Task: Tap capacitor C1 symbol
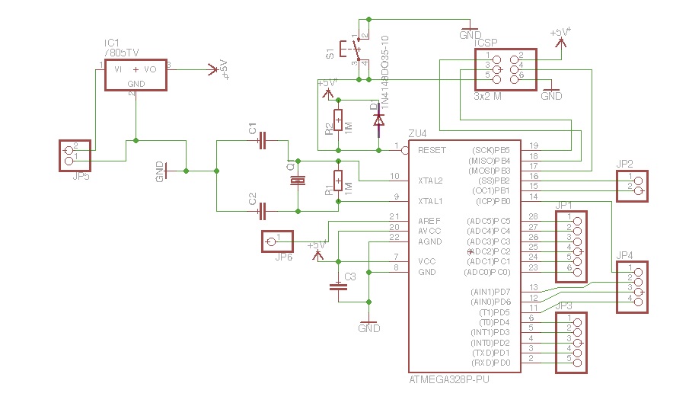262,140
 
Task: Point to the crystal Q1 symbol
298,181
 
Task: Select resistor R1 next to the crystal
338,181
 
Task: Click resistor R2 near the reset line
338,120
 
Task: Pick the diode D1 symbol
378,120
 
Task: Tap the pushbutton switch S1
355,50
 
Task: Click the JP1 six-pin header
571,247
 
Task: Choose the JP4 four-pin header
632,286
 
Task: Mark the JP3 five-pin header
571,343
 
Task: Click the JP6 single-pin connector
276,241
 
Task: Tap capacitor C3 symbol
337,287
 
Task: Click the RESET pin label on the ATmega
432,151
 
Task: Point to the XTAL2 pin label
431,181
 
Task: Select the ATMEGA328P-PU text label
448,379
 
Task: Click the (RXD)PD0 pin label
490,363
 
